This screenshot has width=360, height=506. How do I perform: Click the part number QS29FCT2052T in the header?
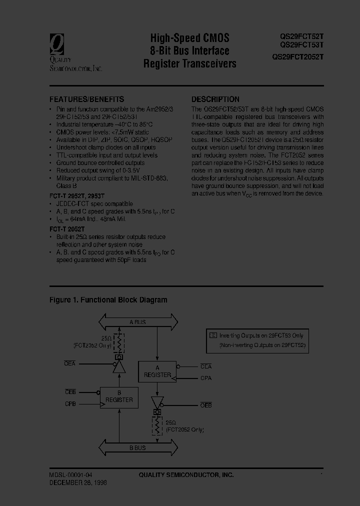(298, 57)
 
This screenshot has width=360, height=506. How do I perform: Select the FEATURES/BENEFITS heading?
(86, 99)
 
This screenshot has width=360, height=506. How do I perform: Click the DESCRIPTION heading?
(215, 99)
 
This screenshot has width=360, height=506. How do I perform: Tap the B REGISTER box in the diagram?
(119, 396)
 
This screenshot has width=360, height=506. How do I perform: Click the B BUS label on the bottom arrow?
(136, 447)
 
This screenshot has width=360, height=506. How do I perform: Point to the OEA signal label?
(70, 363)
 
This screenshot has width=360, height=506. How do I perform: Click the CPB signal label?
(70, 403)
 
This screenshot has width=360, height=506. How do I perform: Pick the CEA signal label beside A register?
(206, 366)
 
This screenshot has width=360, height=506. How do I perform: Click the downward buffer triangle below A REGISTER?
(157, 401)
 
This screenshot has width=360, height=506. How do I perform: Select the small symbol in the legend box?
(213, 335)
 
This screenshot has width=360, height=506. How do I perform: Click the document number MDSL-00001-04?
(70, 475)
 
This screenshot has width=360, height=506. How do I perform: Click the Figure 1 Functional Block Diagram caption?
(108, 300)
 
